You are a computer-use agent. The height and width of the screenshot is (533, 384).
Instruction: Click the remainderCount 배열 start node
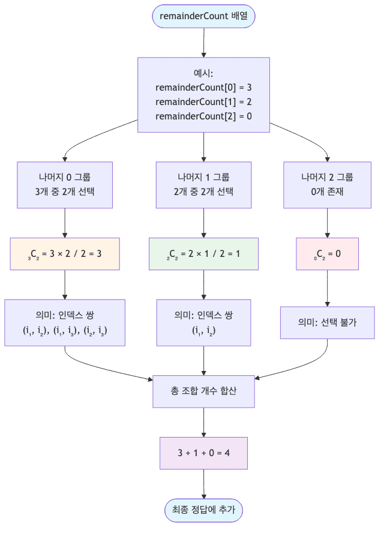click(x=203, y=16)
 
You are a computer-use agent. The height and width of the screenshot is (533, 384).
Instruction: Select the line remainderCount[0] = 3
click(x=203, y=87)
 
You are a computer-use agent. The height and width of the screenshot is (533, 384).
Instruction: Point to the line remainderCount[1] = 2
click(x=203, y=101)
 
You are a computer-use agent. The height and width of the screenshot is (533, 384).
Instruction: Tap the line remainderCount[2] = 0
click(x=203, y=116)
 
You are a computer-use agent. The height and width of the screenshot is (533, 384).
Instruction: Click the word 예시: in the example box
click(x=203, y=73)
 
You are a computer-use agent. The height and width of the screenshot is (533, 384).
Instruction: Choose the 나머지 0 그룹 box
click(x=65, y=185)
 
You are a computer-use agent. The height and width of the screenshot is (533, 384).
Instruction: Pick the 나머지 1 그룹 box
click(x=203, y=185)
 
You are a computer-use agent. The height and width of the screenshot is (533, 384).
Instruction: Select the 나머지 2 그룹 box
click(x=327, y=185)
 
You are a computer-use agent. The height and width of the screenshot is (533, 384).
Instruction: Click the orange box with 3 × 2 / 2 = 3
click(x=65, y=254)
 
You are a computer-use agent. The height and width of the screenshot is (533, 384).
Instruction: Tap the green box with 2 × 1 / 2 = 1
click(x=203, y=254)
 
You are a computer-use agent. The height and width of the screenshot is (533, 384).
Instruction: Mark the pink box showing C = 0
click(x=327, y=254)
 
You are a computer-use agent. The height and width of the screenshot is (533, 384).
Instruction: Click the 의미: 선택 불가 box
click(x=327, y=322)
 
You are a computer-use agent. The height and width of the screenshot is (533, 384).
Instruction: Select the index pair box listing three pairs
click(x=65, y=322)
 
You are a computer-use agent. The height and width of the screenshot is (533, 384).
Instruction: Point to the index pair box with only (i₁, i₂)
click(x=203, y=322)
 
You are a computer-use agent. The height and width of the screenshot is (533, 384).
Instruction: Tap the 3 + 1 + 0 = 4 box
click(x=203, y=453)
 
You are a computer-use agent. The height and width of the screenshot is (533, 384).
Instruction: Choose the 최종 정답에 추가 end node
click(x=203, y=510)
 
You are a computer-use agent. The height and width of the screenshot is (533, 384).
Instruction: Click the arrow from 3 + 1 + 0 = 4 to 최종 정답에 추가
click(x=203, y=484)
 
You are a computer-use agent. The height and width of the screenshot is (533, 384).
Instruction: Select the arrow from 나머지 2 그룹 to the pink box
click(x=327, y=223)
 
